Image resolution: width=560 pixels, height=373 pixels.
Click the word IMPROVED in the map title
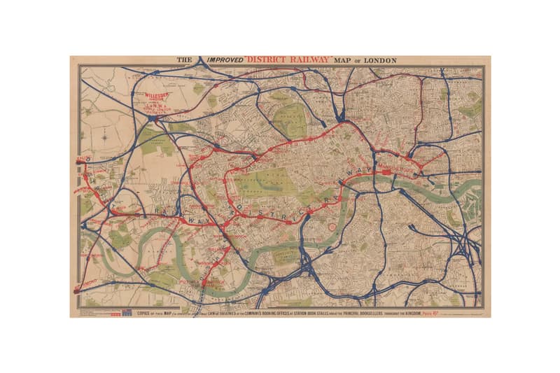223,61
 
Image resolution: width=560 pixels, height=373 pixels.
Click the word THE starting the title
184,61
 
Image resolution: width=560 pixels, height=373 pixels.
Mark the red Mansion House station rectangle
386,171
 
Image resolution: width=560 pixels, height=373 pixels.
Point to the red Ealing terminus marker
78,162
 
